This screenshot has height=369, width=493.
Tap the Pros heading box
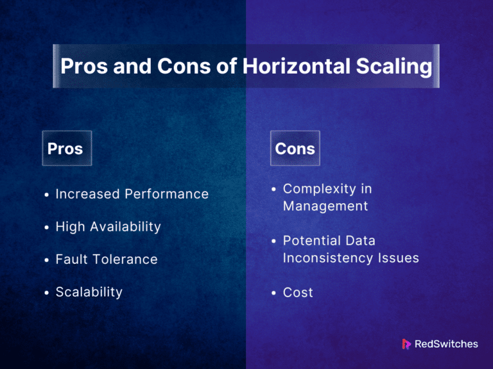click(66, 149)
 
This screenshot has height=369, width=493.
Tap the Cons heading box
click(295, 149)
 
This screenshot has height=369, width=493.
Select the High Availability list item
click(108, 227)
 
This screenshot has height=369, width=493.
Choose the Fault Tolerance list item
click(107, 259)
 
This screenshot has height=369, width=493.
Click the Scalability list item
click(89, 292)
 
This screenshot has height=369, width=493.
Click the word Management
click(325, 206)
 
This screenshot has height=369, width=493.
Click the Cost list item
click(298, 293)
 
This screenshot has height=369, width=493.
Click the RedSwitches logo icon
click(406, 344)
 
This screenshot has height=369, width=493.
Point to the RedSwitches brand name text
click(446, 344)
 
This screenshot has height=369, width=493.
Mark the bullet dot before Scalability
click(47, 293)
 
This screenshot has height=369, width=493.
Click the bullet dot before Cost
click(274, 293)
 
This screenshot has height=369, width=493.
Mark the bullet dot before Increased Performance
click(47, 195)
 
